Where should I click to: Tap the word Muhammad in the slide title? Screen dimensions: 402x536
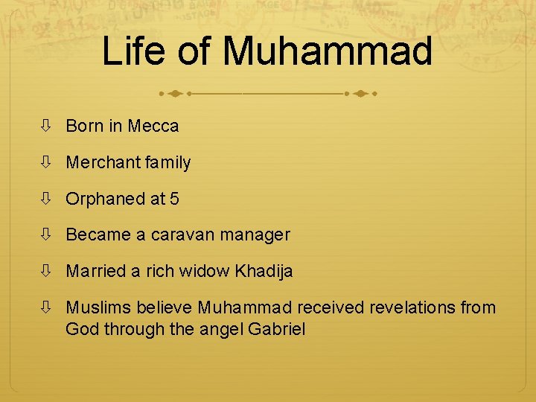(x=328, y=51)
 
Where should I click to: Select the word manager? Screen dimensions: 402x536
(x=255, y=235)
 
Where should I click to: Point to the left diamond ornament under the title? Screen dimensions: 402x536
(x=175, y=95)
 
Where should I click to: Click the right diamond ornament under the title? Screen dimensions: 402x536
(x=360, y=95)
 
